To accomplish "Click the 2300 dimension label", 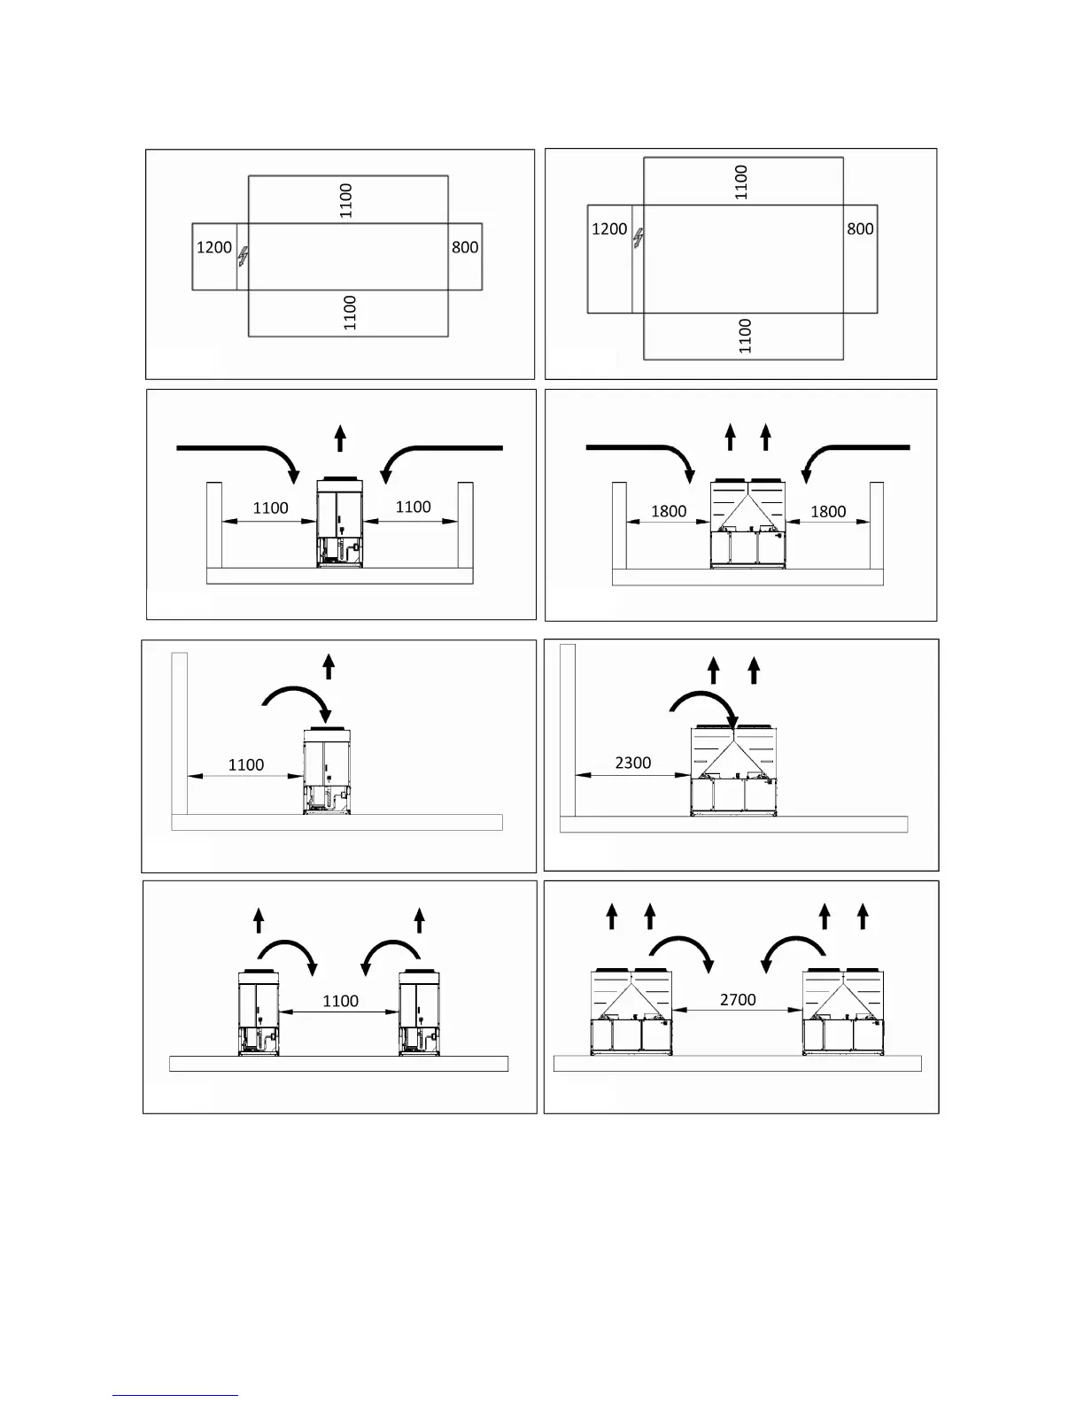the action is click(x=632, y=763).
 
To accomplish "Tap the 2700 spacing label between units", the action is click(x=738, y=999).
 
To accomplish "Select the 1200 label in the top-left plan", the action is click(x=213, y=247).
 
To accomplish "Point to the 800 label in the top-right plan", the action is click(x=860, y=229).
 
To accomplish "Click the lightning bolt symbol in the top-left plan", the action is click(x=243, y=258).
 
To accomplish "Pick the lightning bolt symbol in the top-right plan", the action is click(x=638, y=238).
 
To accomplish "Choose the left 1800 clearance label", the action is click(x=669, y=511).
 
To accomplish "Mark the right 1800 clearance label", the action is click(x=828, y=511).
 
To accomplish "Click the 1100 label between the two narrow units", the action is click(x=340, y=1001).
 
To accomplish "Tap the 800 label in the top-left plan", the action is click(x=465, y=247).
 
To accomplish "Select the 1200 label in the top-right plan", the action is click(x=609, y=229).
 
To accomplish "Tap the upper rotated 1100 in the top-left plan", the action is click(x=346, y=200).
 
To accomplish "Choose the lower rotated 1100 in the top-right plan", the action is click(x=745, y=336).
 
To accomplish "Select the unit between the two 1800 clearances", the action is click(x=748, y=523).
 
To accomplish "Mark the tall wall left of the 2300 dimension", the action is click(x=568, y=731).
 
